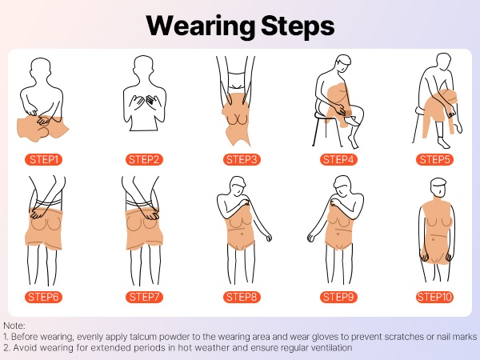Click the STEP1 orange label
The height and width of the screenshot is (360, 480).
[x=43, y=159]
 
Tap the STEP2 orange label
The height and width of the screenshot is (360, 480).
[x=144, y=159]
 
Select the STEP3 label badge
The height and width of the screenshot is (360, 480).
[x=242, y=159]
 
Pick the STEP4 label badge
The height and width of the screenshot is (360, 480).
[x=338, y=159]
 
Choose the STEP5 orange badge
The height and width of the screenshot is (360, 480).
[x=434, y=159]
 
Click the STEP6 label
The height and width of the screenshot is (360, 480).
[x=43, y=297]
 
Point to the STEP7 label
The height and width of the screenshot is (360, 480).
[x=144, y=297]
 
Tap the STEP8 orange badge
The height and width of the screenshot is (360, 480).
[x=242, y=297]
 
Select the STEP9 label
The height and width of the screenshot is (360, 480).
[x=338, y=297]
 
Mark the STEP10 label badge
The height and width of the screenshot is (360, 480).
[x=434, y=297]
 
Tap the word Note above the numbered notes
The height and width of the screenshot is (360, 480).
[x=13, y=326]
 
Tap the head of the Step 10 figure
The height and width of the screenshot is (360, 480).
[x=438, y=187]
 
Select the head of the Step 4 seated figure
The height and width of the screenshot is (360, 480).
[x=343, y=63]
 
